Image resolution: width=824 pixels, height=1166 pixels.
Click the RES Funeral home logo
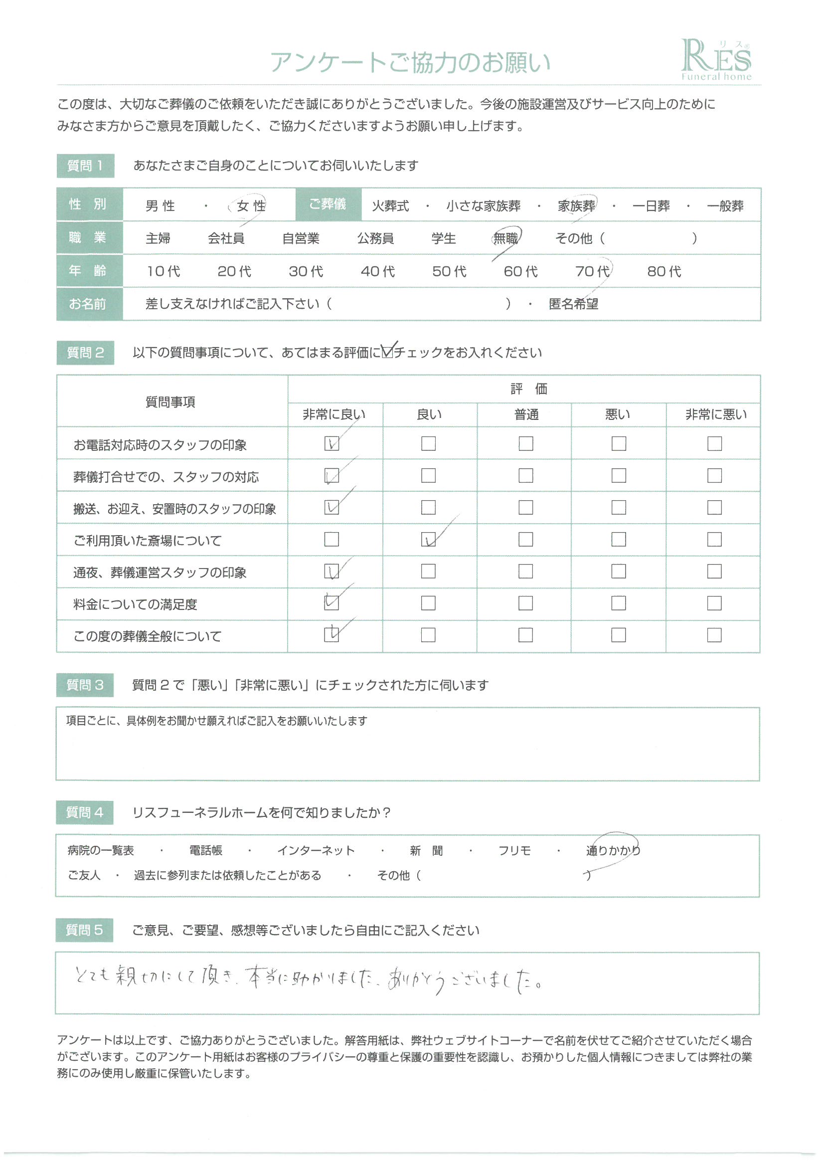[715, 60]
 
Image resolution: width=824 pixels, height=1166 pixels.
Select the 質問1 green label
[85, 166]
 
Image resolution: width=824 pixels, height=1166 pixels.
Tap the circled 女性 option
[251, 205]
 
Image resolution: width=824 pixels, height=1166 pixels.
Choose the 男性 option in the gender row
[160, 205]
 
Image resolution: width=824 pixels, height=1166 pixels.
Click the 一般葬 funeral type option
[725, 205]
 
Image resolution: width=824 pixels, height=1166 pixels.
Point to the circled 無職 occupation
[505, 238]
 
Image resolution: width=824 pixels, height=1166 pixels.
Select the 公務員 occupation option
[375, 238]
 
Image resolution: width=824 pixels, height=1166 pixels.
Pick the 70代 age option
[593, 271]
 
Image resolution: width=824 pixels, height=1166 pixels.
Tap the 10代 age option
[163, 271]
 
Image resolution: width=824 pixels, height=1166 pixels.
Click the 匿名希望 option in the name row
[573, 304]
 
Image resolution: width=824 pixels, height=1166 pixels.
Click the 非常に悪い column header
[716, 415]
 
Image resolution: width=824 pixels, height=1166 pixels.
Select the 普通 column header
[526, 415]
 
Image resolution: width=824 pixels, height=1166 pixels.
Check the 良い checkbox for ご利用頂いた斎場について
[428, 539]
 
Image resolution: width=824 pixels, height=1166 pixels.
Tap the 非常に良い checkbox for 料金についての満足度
[331, 603]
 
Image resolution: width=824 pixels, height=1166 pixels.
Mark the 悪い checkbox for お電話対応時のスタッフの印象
[619, 443]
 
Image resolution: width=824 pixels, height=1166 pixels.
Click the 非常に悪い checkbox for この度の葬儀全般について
[714, 635]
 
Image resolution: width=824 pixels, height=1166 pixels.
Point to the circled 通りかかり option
[613, 850]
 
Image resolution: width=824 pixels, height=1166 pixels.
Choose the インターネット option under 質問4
[316, 850]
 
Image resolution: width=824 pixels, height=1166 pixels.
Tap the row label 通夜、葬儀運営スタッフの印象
[160, 573]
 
